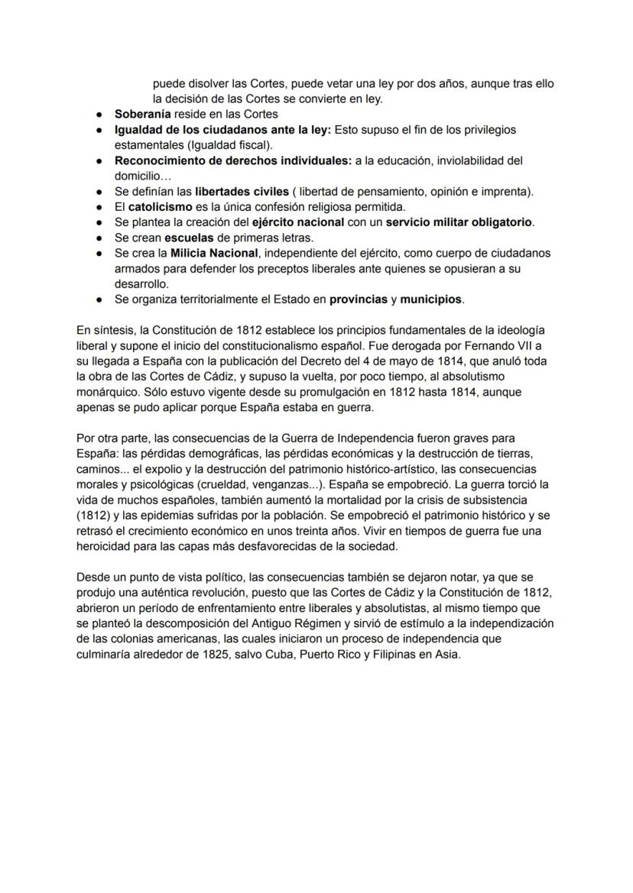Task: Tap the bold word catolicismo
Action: (160, 207)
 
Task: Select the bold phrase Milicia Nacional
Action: (214, 253)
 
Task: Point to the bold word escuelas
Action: (188, 238)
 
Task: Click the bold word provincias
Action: (358, 299)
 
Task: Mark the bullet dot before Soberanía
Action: (99, 115)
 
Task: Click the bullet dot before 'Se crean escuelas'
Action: (99, 238)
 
